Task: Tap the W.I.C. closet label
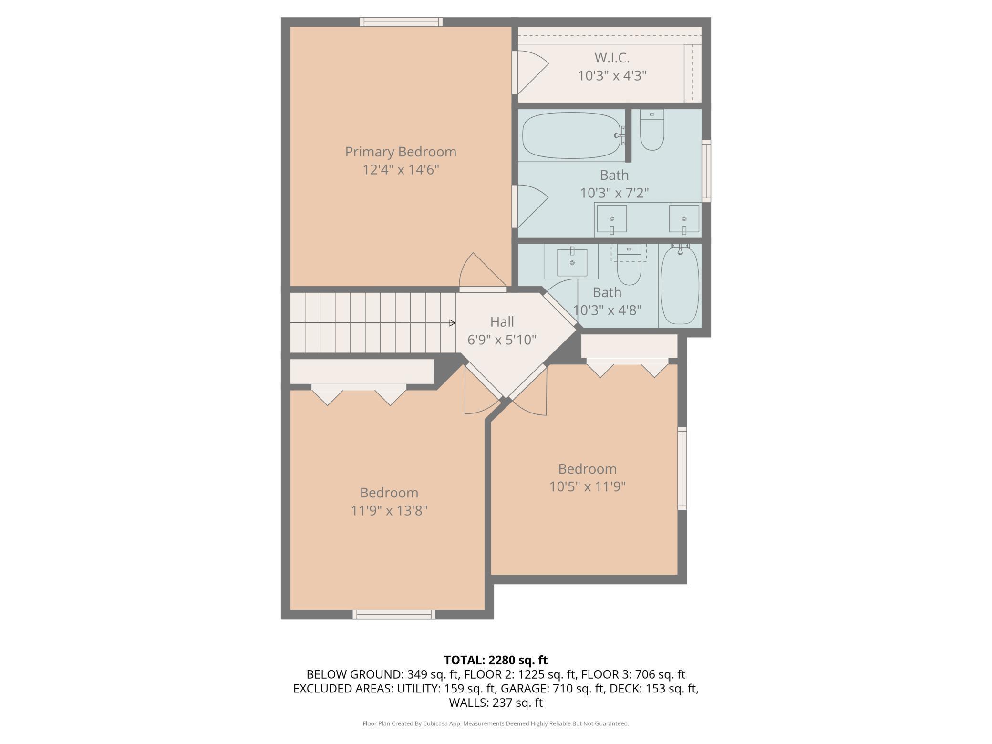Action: tap(612, 58)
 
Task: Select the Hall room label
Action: tap(502, 322)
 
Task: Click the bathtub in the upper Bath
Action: tap(572, 135)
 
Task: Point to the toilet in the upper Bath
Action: tap(651, 130)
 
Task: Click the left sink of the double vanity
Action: tap(612, 219)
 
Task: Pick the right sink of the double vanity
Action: tap(684, 219)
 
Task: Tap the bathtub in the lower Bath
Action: tap(680, 285)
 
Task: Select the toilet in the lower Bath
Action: tap(629, 265)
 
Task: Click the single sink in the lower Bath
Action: tap(572, 262)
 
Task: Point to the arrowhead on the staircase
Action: tap(452, 323)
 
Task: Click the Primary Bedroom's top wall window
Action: tap(401, 22)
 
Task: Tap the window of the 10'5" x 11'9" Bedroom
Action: tap(682, 468)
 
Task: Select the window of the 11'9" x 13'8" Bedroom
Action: tap(394, 614)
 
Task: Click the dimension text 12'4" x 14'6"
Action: tap(401, 170)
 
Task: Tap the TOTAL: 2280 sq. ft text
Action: tap(496, 660)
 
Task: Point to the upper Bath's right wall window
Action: tap(706, 171)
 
